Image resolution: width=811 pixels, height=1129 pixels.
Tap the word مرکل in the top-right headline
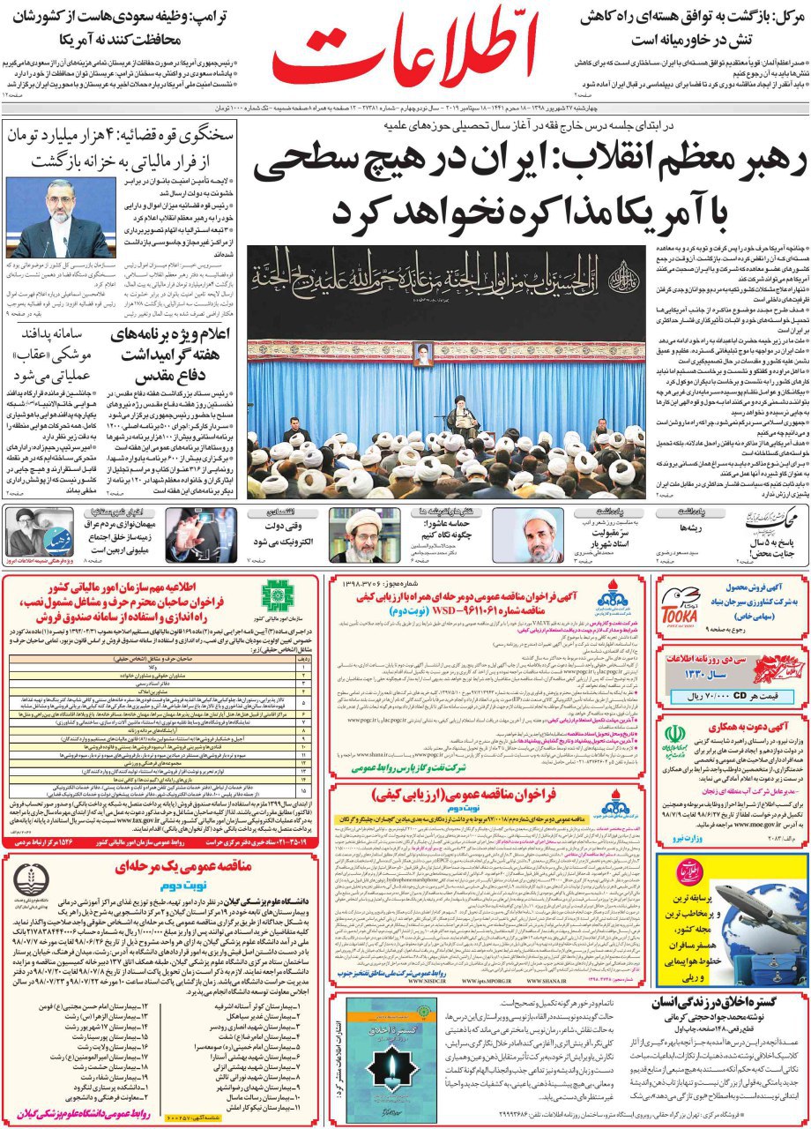coord(779,15)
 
